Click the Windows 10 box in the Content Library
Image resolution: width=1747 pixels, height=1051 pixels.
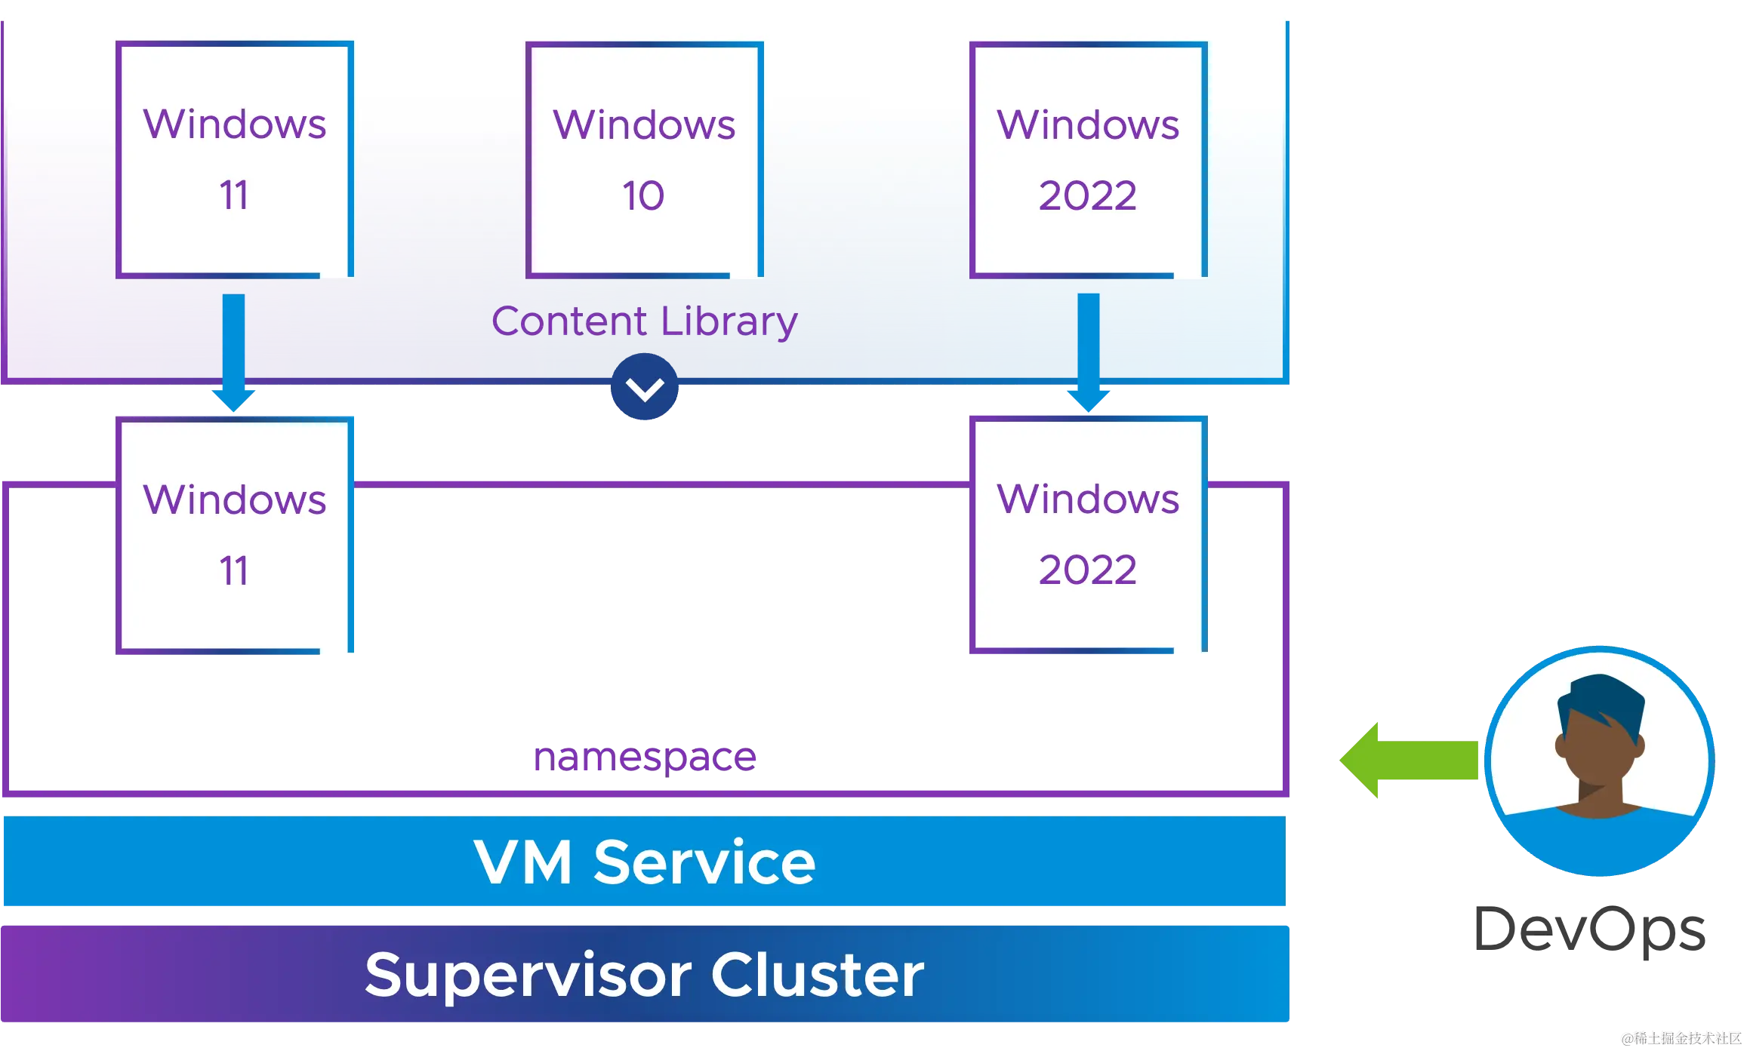click(x=644, y=159)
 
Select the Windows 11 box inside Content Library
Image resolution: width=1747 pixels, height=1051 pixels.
click(x=234, y=159)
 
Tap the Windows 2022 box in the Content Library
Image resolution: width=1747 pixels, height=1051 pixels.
click(x=1088, y=159)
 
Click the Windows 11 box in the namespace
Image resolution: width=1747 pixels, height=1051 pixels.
click(x=234, y=534)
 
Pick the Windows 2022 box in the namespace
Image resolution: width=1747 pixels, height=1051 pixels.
click(x=1088, y=534)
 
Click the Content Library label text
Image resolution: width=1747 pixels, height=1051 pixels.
click(x=644, y=321)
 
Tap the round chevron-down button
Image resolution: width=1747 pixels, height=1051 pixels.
click(x=645, y=389)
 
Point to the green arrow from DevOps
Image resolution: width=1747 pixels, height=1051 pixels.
click(x=1409, y=760)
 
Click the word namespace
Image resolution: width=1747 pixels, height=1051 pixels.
click(x=644, y=757)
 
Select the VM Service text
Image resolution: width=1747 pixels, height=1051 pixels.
click(x=644, y=862)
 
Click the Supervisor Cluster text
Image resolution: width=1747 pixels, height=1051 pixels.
click(x=644, y=975)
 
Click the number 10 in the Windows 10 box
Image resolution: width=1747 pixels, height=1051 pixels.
click(x=643, y=196)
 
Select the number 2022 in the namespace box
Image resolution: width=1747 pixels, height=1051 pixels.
click(x=1087, y=570)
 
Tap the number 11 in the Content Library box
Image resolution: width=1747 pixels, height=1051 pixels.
click(x=233, y=195)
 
